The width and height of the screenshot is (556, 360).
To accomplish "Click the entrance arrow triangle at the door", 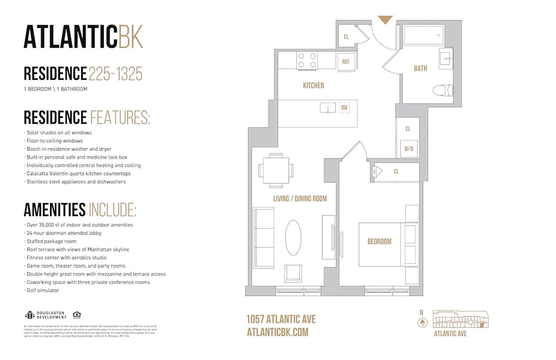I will click(x=385, y=20).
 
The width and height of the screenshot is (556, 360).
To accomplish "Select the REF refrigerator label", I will click(x=346, y=62).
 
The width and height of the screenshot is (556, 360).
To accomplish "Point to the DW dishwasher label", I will click(x=344, y=108).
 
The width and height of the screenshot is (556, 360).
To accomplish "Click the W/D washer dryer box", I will click(x=408, y=148).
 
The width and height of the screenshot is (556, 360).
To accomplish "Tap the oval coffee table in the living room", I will click(x=294, y=238).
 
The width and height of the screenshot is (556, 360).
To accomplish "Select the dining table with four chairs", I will click(x=276, y=171).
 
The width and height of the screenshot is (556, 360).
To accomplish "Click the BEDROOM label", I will click(x=379, y=242).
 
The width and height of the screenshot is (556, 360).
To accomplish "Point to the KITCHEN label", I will click(x=313, y=85).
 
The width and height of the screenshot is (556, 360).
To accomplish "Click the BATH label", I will click(x=420, y=68).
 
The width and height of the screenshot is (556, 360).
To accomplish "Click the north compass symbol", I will click(x=421, y=322).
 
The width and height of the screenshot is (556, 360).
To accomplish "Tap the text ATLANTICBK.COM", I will click(x=278, y=332).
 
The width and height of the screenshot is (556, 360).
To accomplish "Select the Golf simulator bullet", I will click(x=43, y=290).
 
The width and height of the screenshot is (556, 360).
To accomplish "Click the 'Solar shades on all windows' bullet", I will click(x=58, y=133).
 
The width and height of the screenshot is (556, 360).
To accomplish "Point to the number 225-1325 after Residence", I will click(x=116, y=73).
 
